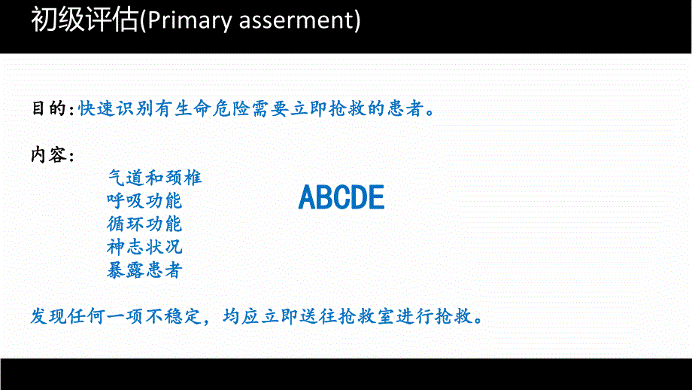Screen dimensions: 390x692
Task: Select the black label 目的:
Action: click(x=52, y=108)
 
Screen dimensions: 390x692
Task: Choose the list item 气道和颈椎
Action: click(x=154, y=178)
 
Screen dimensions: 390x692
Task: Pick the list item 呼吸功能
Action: click(x=144, y=201)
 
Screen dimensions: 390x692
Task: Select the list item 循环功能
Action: click(x=144, y=224)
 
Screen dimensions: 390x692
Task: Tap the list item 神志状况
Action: click(x=144, y=247)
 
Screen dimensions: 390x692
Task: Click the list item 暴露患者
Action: click(x=144, y=270)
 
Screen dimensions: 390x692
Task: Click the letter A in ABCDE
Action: click(x=307, y=197)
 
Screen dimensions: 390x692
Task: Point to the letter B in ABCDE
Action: click(x=324, y=197)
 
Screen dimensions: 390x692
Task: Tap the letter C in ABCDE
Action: click(x=341, y=197)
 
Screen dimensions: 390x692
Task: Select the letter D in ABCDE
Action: click(x=359, y=197)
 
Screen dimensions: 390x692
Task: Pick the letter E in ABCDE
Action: click(x=376, y=197)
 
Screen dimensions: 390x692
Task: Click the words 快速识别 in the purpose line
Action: click(x=115, y=108)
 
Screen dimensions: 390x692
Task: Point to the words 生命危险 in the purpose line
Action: click(x=209, y=108)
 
